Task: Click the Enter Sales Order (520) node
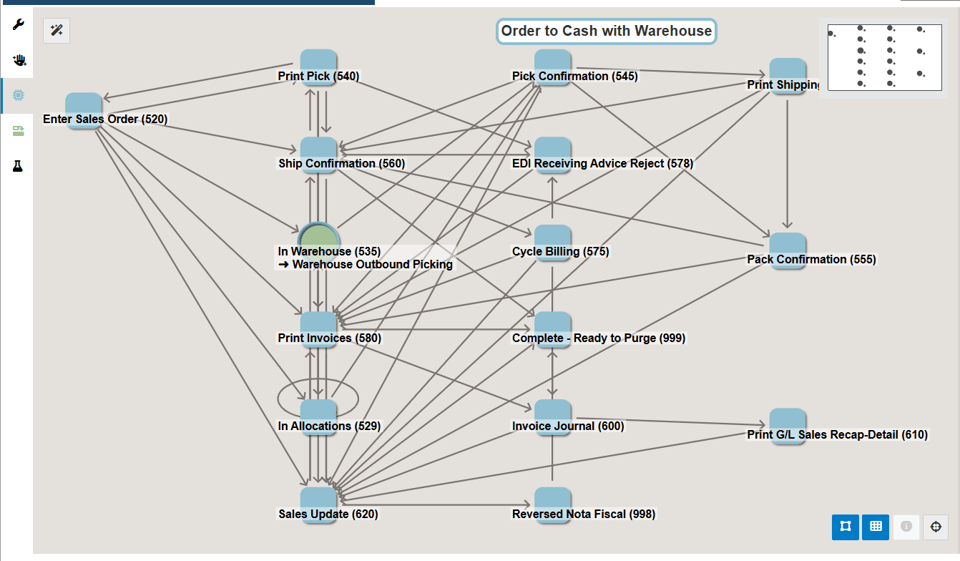84,109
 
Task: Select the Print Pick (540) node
318,66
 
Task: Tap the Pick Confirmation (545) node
552,66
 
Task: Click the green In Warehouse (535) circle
318,240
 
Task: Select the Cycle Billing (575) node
552,242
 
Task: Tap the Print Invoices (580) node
318,328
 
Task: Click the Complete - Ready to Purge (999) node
552,328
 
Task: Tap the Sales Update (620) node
318,504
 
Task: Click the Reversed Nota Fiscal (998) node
552,504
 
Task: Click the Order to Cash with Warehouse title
606,31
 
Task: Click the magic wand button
57,30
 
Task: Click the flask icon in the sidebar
18,166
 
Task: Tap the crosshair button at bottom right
935,527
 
